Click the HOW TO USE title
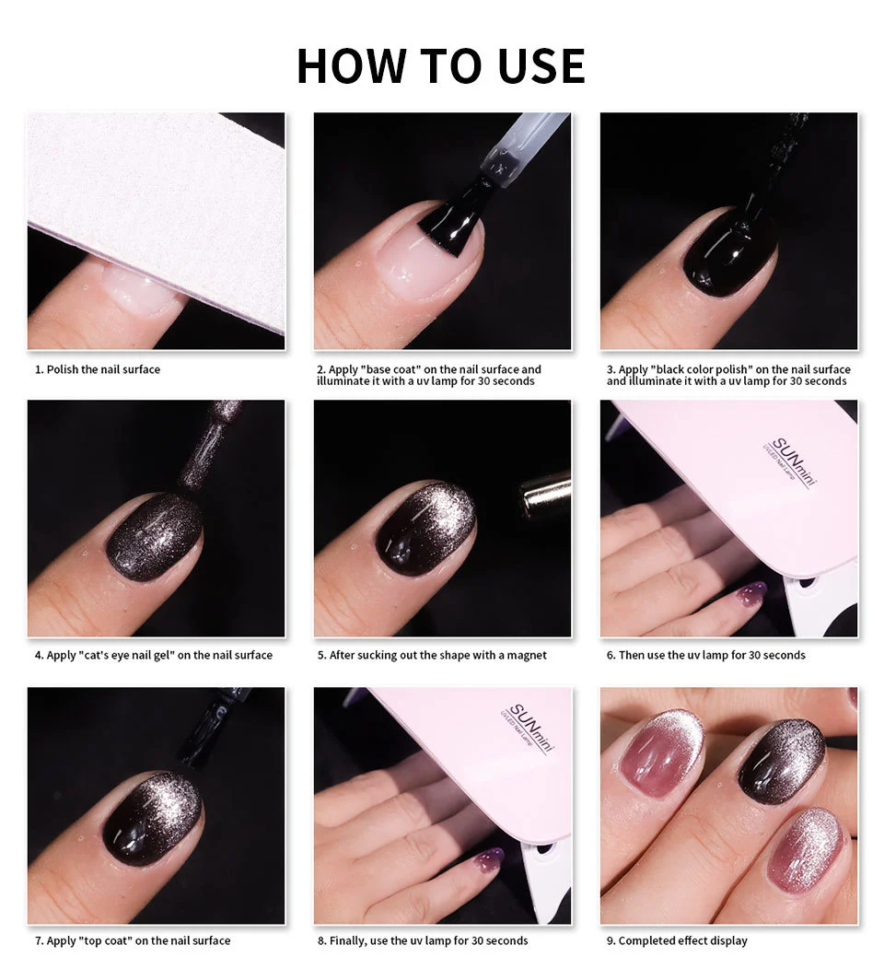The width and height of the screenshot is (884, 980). pyautogui.click(x=440, y=66)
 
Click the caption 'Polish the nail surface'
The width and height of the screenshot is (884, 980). pyautogui.click(x=102, y=369)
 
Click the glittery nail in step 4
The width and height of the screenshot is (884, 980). pyautogui.click(x=154, y=535)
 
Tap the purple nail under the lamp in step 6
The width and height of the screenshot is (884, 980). pyautogui.click(x=750, y=593)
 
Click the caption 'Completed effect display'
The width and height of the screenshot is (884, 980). pyautogui.click(x=682, y=940)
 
